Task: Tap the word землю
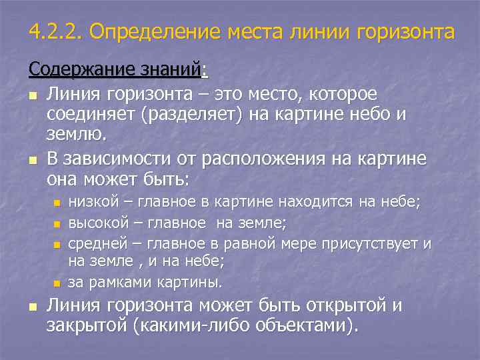[76, 135]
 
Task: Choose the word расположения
[274, 160]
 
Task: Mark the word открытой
[347, 306]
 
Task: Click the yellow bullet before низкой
[57, 202]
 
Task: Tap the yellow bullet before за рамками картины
[57, 283]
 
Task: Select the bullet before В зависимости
[33, 161]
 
